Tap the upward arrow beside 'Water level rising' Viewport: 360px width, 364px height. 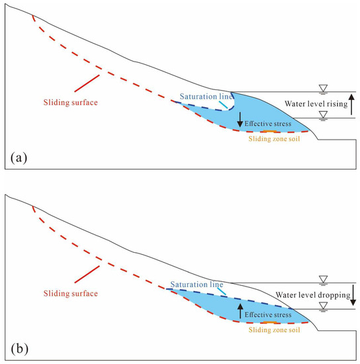pyautogui.click(x=351, y=104)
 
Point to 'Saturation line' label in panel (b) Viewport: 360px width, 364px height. pyautogui.click(x=193, y=284)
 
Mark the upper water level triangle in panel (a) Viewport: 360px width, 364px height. pyautogui.click(x=323, y=89)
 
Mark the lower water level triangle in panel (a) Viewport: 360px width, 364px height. pyautogui.click(x=323, y=114)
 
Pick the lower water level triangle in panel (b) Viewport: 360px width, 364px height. pyautogui.click(x=323, y=305)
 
